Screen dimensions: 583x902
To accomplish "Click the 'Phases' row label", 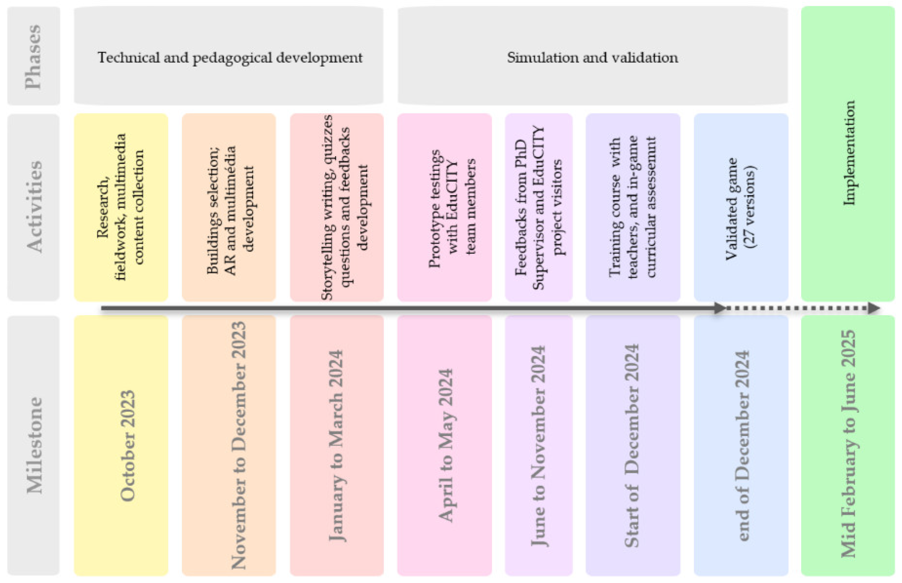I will pyautogui.click(x=33, y=57).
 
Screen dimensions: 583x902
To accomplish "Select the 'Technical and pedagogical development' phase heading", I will pyautogui.click(x=230, y=58).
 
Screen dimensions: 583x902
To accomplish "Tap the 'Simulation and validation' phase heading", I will pyautogui.click(x=592, y=58).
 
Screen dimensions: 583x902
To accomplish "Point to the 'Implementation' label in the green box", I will pyautogui.click(x=849, y=153).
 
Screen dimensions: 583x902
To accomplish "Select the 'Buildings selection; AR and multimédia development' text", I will pyautogui.click(x=230, y=210).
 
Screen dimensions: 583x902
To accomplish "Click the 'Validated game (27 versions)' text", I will pyautogui.click(x=740, y=208).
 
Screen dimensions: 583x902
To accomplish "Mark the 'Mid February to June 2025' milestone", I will pyautogui.click(x=848, y=444).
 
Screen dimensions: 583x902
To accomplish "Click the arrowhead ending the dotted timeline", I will pyautogui.click(x=874, y=308).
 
